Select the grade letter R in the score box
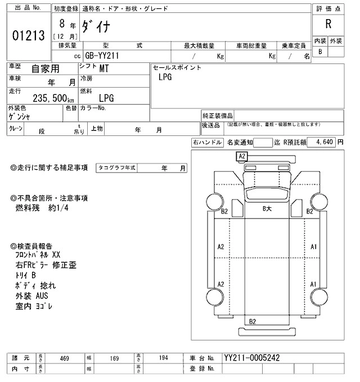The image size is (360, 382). pos(328,24)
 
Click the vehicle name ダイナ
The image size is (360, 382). pos(101,25)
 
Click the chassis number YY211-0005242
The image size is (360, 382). pos(251,358)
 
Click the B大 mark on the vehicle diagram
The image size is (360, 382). pos(268,208)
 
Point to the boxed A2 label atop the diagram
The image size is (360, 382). pos(242,156)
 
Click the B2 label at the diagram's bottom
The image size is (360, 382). pos(253,321)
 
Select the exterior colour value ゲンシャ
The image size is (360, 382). pos(19,117)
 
